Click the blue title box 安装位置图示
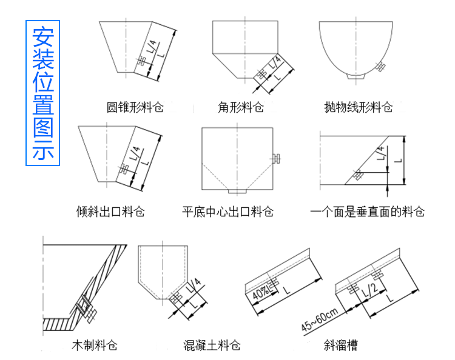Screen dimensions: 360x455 [x=42, y=94]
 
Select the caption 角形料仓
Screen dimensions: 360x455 [x=241, y=108]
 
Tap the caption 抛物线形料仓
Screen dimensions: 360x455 [x=359, y=108]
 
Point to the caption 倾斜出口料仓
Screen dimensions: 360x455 [x=110, y=212]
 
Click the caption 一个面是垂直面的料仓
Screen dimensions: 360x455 [x=367, y=212]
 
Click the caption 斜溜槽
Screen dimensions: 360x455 [x=340, y=346]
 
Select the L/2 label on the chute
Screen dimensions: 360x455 [x=367, y=295]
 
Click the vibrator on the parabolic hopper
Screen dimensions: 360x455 [x=381, y=66]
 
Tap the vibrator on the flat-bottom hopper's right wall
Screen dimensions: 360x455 [x=277, y=159]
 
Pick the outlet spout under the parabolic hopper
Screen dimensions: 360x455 [x=355, y=78]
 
